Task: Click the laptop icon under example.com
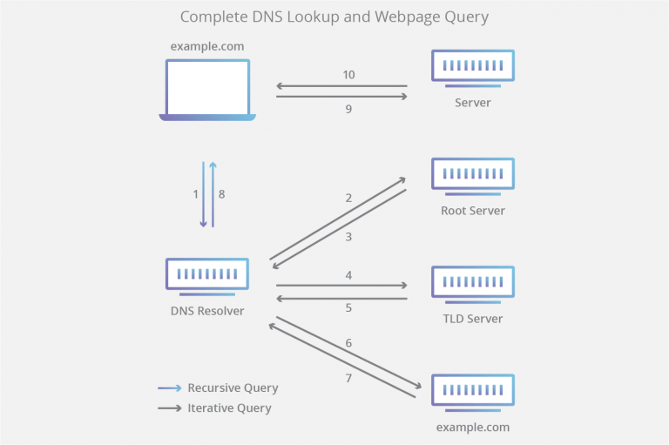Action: click(207, 89)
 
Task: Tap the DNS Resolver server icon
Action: click(207, 275)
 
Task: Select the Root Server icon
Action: click(473, 175)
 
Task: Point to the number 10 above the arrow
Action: click(348, 75)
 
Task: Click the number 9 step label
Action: click(348, 110)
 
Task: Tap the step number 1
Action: click(195, 194)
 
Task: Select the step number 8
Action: click(221, 194)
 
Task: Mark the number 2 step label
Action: click(348, 198)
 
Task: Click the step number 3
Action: click(348, 237)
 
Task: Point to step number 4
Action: click(348, 275)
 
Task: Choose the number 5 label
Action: click(348, 307)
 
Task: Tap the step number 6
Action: click(348, 343)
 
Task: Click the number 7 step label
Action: click(348, 378)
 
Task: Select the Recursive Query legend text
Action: click(233, 388)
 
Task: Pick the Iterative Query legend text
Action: click(229, 408)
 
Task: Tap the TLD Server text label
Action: click(473, 319)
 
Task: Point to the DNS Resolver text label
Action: click(207, 311)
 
